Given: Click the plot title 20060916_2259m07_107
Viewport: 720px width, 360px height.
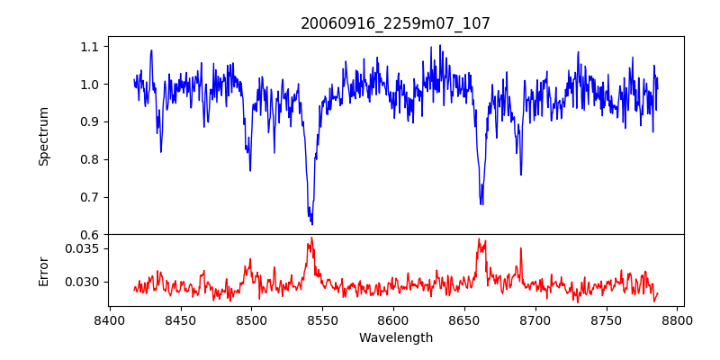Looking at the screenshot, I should click(395, 23).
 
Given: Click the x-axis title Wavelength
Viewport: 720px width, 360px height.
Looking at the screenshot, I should click(395, 338).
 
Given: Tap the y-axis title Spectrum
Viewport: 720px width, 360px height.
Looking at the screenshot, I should click(43, 136).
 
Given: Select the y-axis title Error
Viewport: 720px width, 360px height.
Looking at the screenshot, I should click(43, 269).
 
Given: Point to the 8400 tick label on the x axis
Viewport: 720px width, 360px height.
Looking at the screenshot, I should click(109, 319).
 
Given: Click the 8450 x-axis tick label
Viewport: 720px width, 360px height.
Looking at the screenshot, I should click(180, 319).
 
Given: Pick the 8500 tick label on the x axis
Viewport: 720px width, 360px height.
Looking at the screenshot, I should click(251, 319).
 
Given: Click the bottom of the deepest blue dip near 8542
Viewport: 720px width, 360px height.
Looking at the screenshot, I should click(311, 223).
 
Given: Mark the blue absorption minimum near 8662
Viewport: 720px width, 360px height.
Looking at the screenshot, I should click(481, 203).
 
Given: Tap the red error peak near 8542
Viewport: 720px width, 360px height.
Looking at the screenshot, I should click(311, 238).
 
